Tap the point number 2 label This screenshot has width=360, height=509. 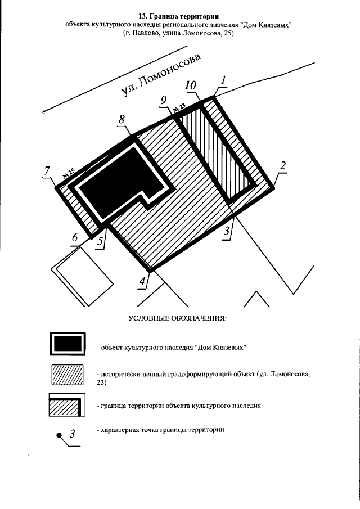(x=283, y=165)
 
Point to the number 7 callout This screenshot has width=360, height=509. (x=48, y=171)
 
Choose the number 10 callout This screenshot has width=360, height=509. (x=191, y=85)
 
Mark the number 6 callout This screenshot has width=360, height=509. (x=75, y=238)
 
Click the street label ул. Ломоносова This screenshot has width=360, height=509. (x=161, y=76)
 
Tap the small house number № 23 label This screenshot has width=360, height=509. (x=179, y=107)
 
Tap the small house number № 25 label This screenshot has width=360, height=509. (x=69, y=175)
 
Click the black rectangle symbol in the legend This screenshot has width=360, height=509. (x=67, y=344)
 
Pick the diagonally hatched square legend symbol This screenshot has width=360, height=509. (x=67, y=375)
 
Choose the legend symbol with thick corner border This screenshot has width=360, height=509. (x=67, y=404)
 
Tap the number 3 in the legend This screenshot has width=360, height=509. (x=72, y=433)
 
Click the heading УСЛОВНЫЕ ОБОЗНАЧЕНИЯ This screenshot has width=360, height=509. (x=177, y=318)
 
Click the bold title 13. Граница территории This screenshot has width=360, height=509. (x=178, y=15)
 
